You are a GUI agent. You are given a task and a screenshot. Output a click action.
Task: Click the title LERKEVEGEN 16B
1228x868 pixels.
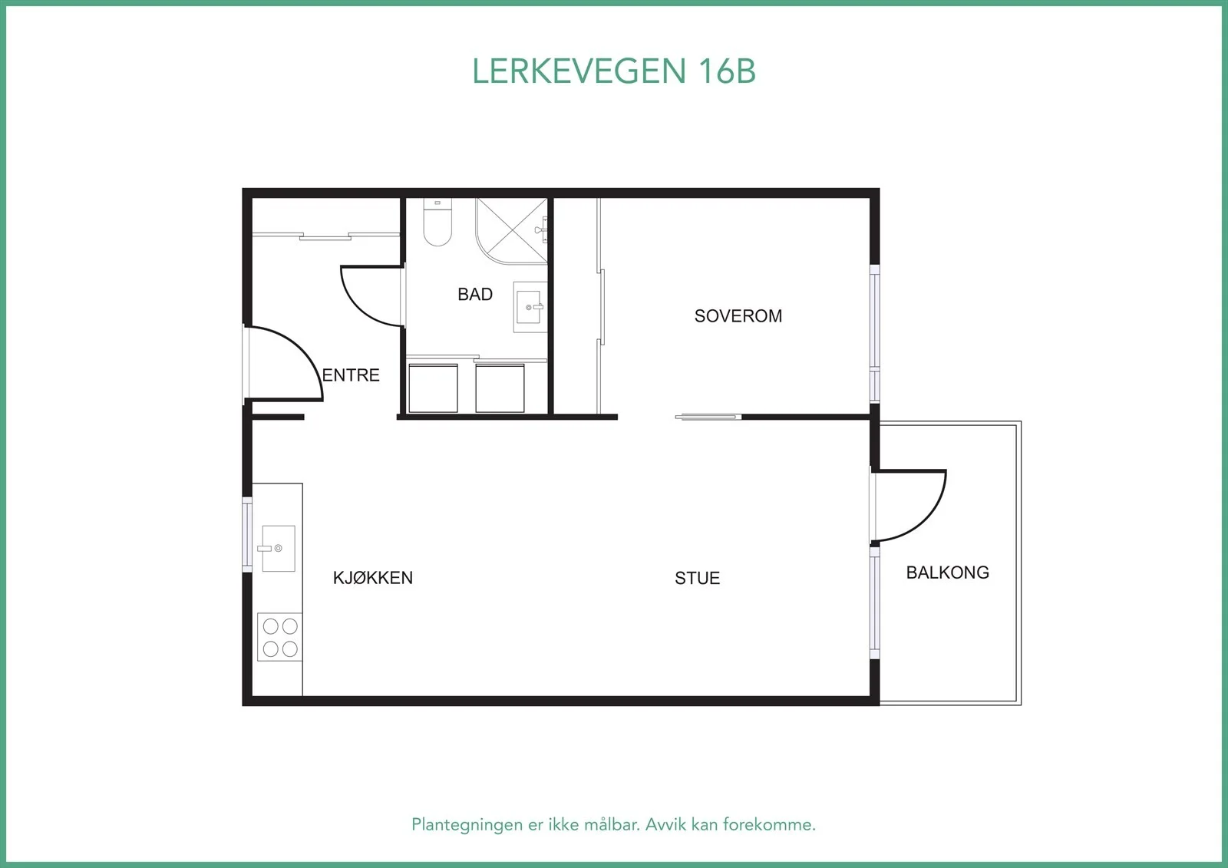point(613,71)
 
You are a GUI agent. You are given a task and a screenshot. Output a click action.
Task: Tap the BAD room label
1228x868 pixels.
point(475,295)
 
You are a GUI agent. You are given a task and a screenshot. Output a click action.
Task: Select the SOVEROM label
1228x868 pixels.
point(738,316)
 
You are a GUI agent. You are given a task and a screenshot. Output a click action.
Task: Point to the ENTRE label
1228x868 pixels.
point(351,375)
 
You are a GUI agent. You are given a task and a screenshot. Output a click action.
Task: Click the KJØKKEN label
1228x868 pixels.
point(373,577)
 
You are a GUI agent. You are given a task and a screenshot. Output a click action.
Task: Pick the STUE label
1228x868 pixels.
point(698,578)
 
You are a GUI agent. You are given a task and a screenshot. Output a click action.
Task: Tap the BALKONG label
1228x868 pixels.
point(947,573)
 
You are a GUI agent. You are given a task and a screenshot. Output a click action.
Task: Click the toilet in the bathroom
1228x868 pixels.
point(437,222)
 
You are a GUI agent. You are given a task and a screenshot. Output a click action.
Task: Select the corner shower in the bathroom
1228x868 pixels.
point(511,231)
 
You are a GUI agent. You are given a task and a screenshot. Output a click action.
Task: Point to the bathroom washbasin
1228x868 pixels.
point(530,307)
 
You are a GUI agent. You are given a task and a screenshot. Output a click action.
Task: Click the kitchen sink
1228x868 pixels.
point(279,548)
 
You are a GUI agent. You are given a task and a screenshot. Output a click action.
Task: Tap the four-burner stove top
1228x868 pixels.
point(279,636)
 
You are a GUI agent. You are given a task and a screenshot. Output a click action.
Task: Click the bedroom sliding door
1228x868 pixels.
point(708,417)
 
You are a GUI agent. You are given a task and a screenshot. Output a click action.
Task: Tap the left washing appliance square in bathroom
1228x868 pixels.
point(433,388)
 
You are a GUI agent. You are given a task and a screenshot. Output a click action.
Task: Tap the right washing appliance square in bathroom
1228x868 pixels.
point(500,388)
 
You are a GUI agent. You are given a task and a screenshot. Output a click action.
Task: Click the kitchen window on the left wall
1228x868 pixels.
point(247,535)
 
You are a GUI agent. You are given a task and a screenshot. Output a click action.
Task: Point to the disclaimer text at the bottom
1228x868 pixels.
point(613,824)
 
